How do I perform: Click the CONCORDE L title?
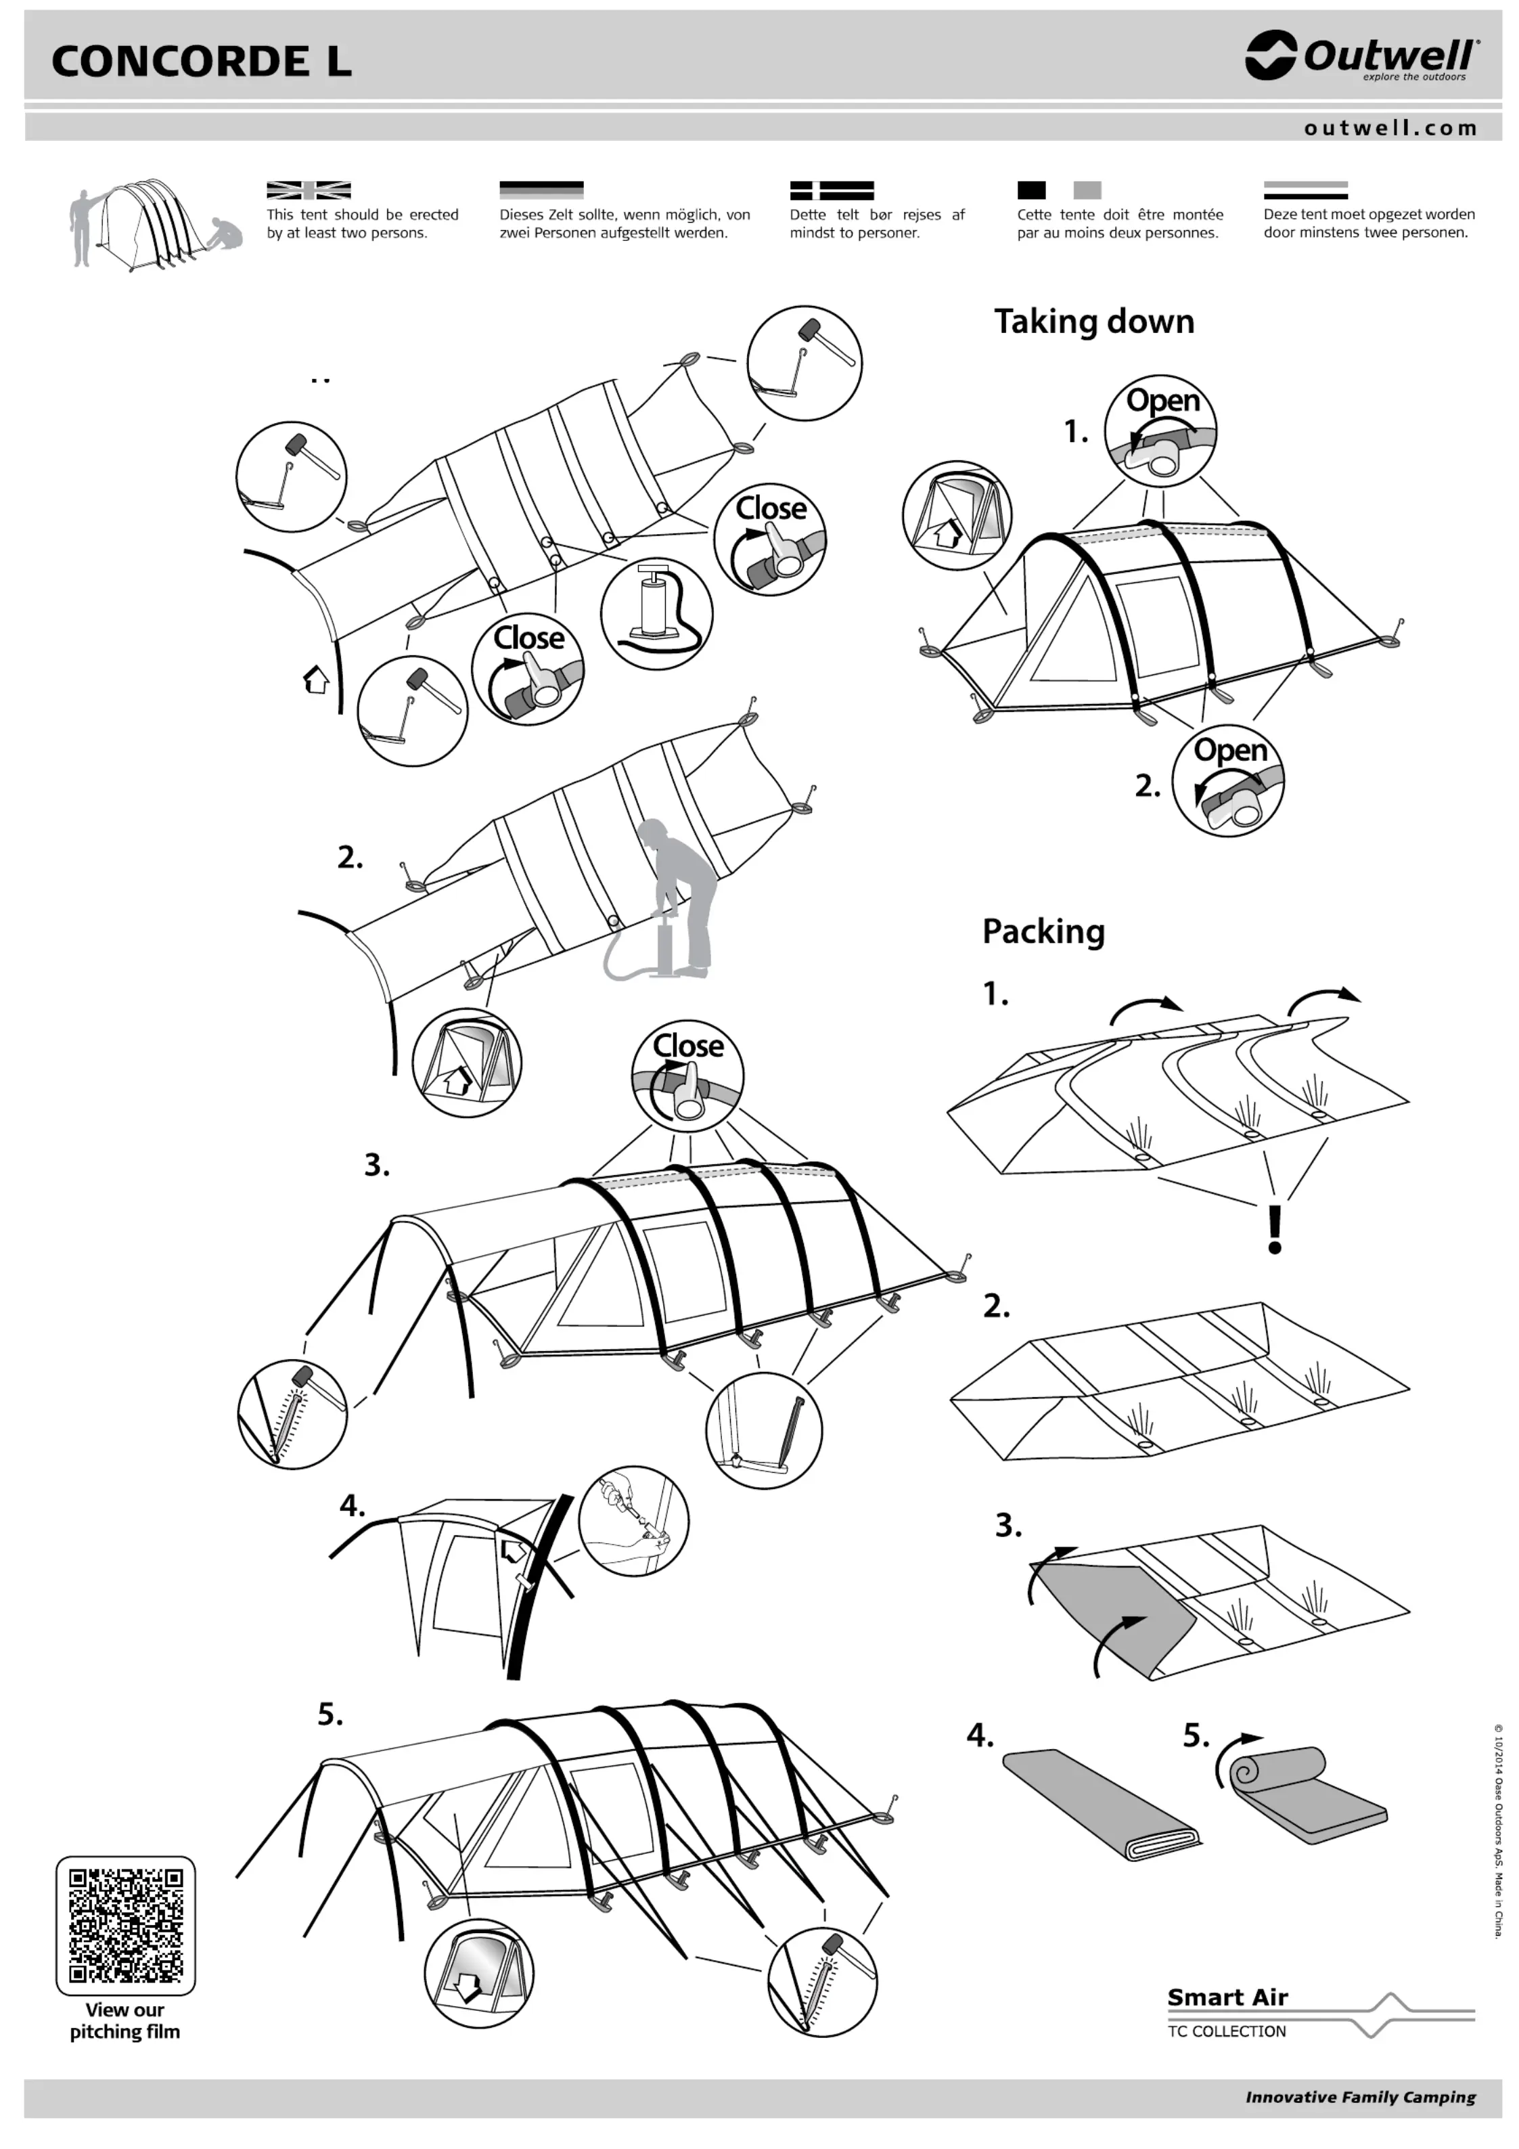[201, 62]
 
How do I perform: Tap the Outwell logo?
[1362, 56]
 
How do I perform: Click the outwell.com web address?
[1390, 128]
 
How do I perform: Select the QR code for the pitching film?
[125, 1926]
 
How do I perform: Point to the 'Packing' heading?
[1043, 931]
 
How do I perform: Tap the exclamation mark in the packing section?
[1274, 1230]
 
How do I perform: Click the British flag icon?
[308, 190]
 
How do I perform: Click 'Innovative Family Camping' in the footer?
[1360, 2098]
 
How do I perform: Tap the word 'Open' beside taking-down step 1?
[1162, 401]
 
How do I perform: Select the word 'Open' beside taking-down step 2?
[1230, 750]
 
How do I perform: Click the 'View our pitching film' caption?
[124, 2021]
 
